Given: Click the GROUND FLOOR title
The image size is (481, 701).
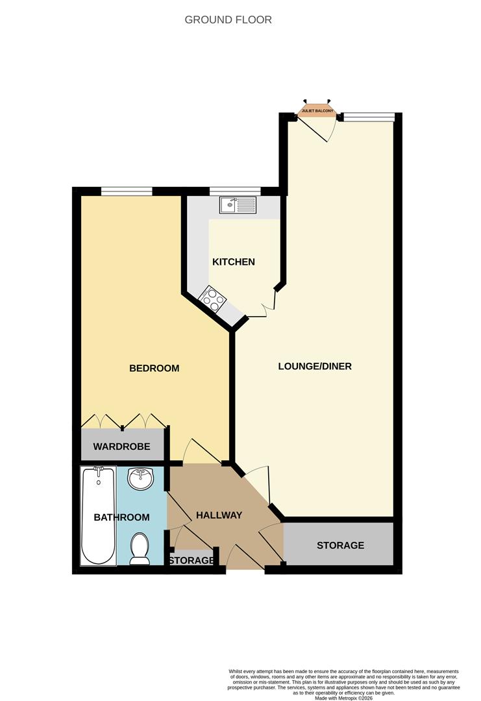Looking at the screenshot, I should coord(228,19).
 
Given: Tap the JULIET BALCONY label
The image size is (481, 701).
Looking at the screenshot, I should coord(317,112).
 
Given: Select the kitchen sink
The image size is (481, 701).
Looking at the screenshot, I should coord(238,206).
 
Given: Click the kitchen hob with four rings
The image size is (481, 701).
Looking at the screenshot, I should coord(214,299).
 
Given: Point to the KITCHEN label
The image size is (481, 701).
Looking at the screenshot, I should coord(234,262).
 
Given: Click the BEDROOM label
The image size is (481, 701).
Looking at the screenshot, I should coord(154,368).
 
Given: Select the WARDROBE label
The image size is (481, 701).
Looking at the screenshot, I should coord(121,447).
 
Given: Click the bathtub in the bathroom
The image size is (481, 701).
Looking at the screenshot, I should coord(99,515).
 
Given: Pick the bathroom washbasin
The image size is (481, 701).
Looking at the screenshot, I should coord(140,480).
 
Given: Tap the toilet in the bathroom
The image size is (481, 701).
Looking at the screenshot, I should coord(140,548).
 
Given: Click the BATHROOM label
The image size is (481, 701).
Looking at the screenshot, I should coord(121,517).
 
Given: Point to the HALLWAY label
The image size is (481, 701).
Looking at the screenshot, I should coord(219,515).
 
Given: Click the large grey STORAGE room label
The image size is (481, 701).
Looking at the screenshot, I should coord(340,545).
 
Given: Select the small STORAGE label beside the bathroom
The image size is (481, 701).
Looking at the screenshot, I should coord(191,560).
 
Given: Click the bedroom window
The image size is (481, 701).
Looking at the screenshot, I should coord(127,191).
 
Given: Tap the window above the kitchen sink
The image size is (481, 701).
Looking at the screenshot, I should coord(235,191).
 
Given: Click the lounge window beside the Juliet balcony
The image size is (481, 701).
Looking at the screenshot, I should coord(368,117).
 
